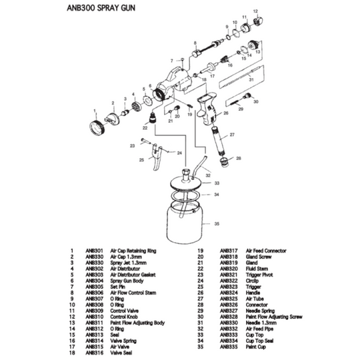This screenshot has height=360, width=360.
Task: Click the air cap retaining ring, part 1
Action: coord(97,125)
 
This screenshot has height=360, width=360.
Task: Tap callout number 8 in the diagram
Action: coord(195,41)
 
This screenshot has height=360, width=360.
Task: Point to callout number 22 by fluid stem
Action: coord(144,127)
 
